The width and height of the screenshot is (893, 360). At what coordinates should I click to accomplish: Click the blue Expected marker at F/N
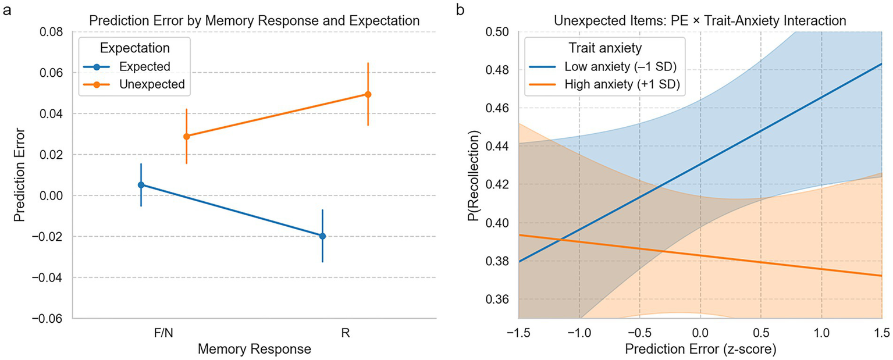click(x=141, y=185)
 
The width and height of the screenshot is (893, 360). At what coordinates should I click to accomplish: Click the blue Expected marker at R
click(x=322, y=236)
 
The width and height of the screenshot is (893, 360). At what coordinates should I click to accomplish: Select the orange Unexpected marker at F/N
click(x=186, y=136)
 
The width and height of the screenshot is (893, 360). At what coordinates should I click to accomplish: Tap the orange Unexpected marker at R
click(x=368, y=94)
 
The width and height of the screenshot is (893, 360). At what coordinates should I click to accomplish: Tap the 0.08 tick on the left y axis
click(x=52, y=32)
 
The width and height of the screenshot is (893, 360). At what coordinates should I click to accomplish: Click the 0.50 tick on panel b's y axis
click(x=498, y=32)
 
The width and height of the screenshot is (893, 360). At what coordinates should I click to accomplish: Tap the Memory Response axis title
click(x=254, y=349)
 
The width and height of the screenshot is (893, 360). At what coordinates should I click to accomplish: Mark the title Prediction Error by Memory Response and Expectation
click(x=254, y=21)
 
